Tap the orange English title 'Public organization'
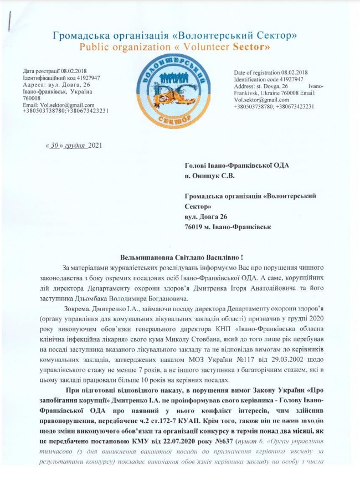pyautogui.click(x=121, y=47)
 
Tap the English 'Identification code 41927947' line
pyautogui.click(x=269, y=79)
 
